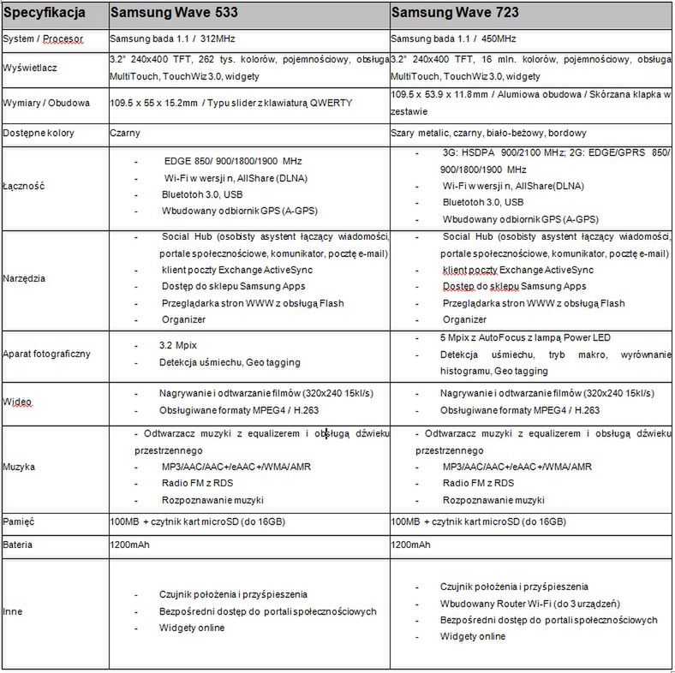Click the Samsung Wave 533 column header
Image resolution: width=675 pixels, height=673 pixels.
pyautogui.click(x=174, y=14)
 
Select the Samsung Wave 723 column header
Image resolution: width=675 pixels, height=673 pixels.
pyautogui.click(x=455, y=14)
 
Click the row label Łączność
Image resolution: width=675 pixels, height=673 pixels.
pyautogui.click(x=23, y=186)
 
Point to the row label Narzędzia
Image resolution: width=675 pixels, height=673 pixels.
pyautogui.click(x=25, y=278)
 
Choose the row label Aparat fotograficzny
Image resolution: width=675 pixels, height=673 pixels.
pyautogui.click(x=47, y=354)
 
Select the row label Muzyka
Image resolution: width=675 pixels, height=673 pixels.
pyautogui.click(x=19, y=468)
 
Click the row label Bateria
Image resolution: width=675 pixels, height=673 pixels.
pyautogui.click(x=20, y=544)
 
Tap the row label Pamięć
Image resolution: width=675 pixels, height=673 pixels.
pyautogui.click(x=19, y=521)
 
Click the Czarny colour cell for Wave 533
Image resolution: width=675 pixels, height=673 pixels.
pyautogui.click(x=125, y=134)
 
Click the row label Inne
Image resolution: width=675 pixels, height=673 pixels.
pyautogui.click(x=14, y=611)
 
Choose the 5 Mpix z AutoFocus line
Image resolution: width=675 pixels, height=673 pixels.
pyautogui.click(x=526, y=337)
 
